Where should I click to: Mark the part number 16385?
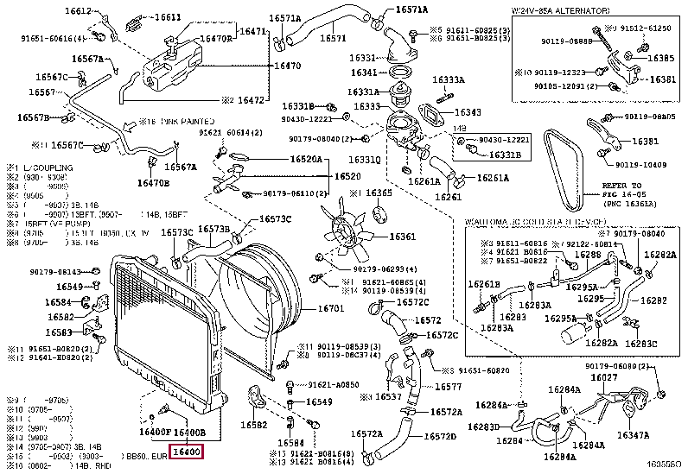[x=661, y=58]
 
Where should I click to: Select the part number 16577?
[x=447, y=387]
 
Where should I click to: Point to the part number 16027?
[x=603, y=377]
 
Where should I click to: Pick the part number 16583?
[x=59, y=332]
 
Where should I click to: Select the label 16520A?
[x=305, y=159]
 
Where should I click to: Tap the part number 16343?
[x=468, y=112]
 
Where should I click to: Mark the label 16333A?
[x=449, y=80]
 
